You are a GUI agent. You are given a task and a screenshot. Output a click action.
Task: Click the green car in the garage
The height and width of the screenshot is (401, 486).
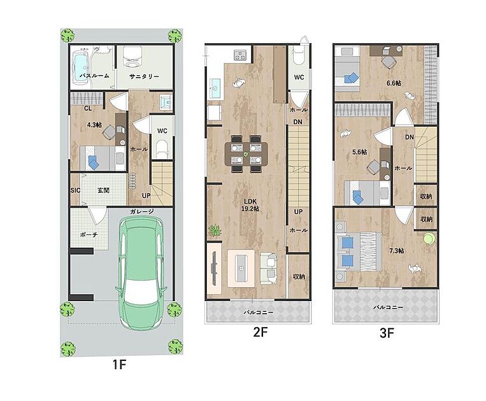point(141,272)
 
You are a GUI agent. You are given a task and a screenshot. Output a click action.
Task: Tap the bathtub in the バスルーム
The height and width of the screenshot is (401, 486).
point(80,69)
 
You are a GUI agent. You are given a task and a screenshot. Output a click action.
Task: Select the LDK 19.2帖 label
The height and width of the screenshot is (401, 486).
point(250,205)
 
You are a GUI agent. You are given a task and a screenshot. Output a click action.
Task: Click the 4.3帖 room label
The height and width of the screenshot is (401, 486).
point(94,125)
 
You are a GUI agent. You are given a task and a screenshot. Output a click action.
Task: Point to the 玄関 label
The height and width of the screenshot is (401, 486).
point(104,190)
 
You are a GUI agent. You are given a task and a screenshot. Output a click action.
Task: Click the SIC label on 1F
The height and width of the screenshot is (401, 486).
point(75,190)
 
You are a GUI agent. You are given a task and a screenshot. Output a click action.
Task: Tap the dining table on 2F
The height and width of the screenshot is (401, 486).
point(246,153)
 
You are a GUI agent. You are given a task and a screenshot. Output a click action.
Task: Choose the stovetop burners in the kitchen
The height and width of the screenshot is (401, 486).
point(240,55)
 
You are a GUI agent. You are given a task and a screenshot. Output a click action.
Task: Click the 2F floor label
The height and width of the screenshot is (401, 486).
point(260,332)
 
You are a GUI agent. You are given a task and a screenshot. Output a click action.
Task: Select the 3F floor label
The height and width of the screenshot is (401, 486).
point(387,333)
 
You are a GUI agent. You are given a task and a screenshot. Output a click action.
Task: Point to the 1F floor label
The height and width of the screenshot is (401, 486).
point(119,365)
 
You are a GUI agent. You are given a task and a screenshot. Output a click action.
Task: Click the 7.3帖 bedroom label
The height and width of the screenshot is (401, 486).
point(396,250)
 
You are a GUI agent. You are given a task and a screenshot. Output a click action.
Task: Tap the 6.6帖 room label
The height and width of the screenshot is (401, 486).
point(394,83)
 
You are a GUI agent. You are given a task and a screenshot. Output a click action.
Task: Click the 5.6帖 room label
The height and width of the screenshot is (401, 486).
point(360,152)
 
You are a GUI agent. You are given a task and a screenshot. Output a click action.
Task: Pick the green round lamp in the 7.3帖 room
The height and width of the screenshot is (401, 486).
point(429,239)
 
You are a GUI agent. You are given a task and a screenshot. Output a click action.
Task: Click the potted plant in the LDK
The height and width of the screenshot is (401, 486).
point(214,230)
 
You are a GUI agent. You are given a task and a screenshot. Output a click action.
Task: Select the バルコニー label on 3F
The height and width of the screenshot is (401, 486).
point(388,307)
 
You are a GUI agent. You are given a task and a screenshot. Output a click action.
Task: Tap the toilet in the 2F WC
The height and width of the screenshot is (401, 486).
point(299,56)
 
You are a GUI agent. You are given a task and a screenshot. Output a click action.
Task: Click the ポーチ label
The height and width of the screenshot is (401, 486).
point(89,235)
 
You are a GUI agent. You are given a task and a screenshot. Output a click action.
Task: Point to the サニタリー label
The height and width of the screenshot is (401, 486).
point(144,76)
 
